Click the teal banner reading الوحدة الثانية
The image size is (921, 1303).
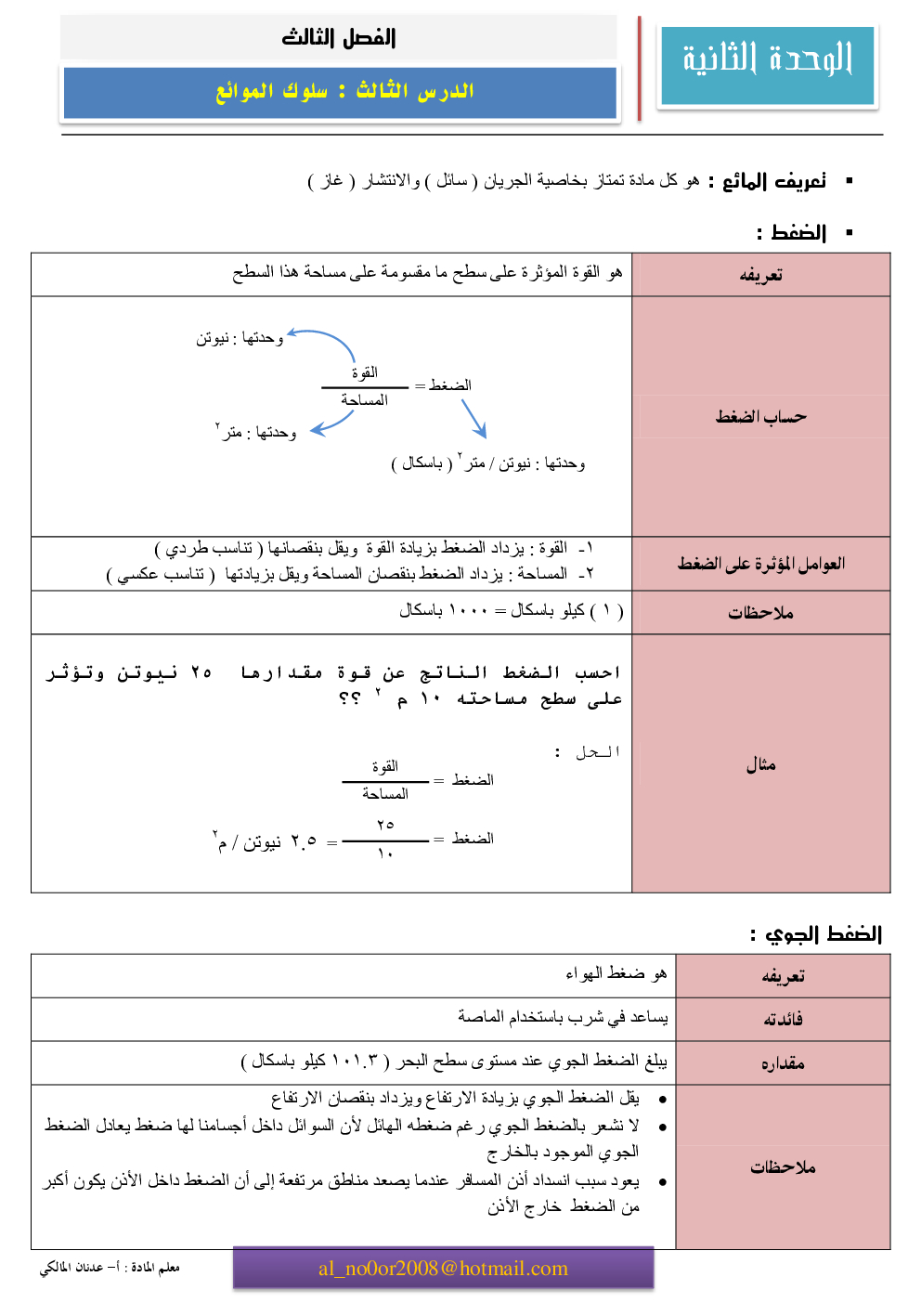(767, 63)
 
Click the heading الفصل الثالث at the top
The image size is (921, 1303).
(339, 38)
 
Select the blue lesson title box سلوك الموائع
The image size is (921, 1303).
(340, 92)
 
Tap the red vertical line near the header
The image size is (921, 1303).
(640, 69)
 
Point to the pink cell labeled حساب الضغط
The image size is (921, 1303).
(760, 417)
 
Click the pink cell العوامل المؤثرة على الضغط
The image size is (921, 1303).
(760, 564)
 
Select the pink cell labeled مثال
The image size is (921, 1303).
(760, 764)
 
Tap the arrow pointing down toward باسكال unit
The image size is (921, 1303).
(474, 418)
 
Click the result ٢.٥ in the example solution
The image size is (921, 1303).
(304, 841)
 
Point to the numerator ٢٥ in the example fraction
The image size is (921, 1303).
(385, 825)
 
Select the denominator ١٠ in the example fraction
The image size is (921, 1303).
(385, 853)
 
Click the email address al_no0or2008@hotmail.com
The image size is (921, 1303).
(443, 1269)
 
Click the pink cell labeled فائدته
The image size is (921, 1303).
(783, 1020)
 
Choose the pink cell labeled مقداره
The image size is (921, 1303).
(783, 1063)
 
